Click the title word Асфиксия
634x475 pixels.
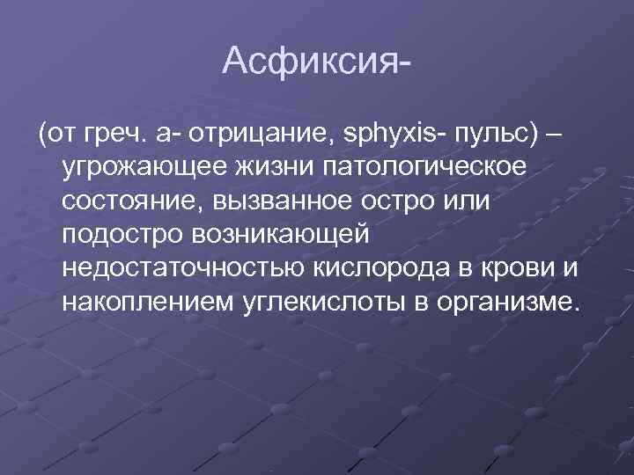[313, 62]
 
